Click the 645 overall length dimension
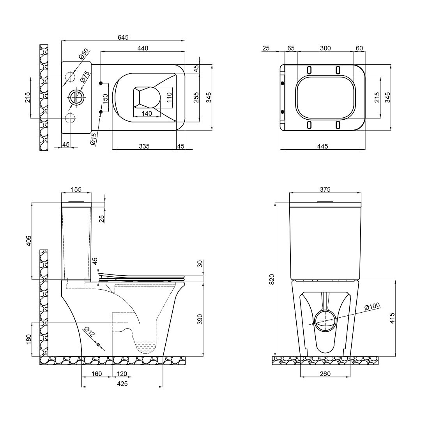click(123, 37)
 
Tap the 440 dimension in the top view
click(143, 48)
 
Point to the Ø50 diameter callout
click(83, 54)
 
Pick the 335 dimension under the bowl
click(144, 146)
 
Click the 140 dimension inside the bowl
click(147, 113)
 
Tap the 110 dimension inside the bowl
click(169, 98)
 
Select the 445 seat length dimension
click(322, 146)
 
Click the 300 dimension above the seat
click(325, 48)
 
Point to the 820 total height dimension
click(272, 279)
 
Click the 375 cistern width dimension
click(325, 189)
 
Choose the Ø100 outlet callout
click(372, 306)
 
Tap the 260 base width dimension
click(325, 373)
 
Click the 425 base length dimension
click(122, 384)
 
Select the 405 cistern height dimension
click(29, 241)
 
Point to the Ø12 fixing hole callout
click(89, 332)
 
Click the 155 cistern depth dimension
click(76, 189)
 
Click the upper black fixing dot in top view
click(101, 83)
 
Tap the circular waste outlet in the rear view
click(325, 320)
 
